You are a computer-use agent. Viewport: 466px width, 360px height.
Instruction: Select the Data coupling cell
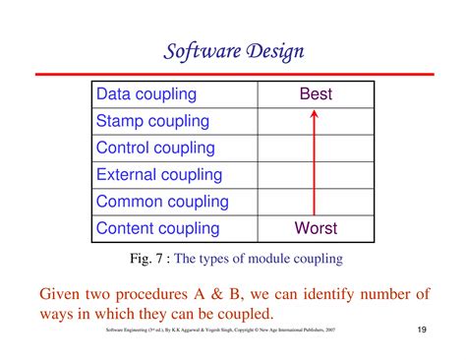(x=146, y=94)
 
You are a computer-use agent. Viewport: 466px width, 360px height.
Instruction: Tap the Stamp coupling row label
(x=152, y=122)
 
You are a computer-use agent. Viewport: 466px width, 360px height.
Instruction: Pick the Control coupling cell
(x=155, y=149)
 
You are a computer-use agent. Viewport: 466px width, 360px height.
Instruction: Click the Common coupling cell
(x=161, y=202)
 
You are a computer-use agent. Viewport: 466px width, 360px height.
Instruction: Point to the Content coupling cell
(x=157, y=228)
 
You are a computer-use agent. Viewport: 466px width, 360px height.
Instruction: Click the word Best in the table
(x=316, y=94)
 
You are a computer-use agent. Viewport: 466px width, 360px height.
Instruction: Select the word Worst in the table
(x=316, y=228)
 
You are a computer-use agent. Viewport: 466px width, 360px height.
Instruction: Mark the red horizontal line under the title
(x=234, y=73)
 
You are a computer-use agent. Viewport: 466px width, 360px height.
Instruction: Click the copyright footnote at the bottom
(x=220, y=330)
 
